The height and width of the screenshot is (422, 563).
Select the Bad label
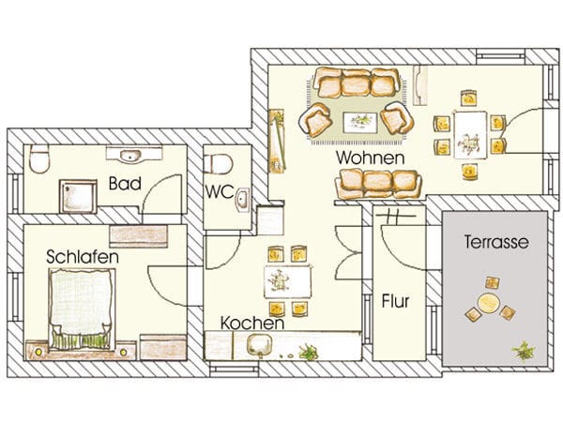click(x=125, y=183)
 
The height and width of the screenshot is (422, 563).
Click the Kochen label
click(x=251, y=323)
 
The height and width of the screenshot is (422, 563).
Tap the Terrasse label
click(x=495, y=242)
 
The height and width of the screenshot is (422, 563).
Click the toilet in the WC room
click(x=221, y=163)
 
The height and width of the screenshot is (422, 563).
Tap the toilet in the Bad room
click(x=39, y=160)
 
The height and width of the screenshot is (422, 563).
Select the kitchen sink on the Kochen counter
click(x=259, y=345)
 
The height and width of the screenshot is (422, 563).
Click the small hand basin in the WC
click(x=242, y=199)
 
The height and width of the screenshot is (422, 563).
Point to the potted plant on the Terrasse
click(x=520, y=350)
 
